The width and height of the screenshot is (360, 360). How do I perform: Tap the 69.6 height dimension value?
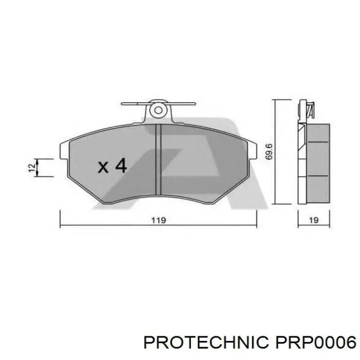point(268,152)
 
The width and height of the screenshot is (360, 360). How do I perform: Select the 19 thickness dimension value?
point(314,220)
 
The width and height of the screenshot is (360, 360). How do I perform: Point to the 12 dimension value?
point(32,167)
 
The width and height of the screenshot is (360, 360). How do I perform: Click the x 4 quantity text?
point(112,166)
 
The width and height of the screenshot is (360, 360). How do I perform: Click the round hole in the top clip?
point(158,110)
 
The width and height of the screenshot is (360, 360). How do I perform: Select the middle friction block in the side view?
point(316,159)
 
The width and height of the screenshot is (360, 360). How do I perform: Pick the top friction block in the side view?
point(316,133)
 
